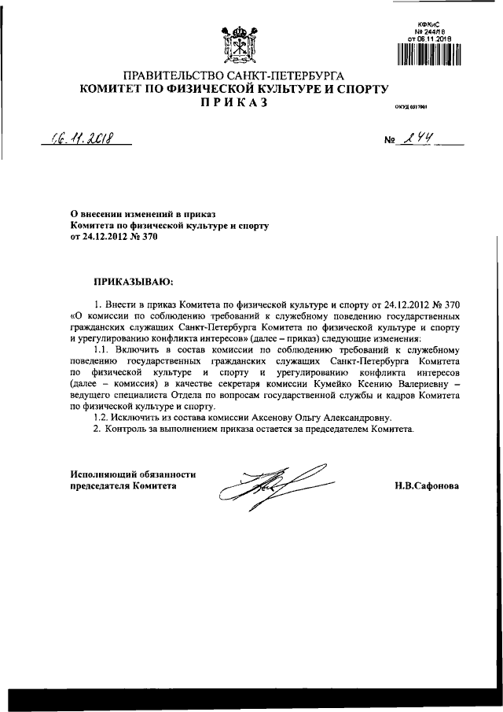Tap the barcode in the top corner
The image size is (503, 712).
tap(428, 53)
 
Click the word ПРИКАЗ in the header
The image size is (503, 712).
tap(236, 103)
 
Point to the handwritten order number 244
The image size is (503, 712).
tap(417, 139)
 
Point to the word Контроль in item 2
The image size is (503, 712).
tap(130, 429)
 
